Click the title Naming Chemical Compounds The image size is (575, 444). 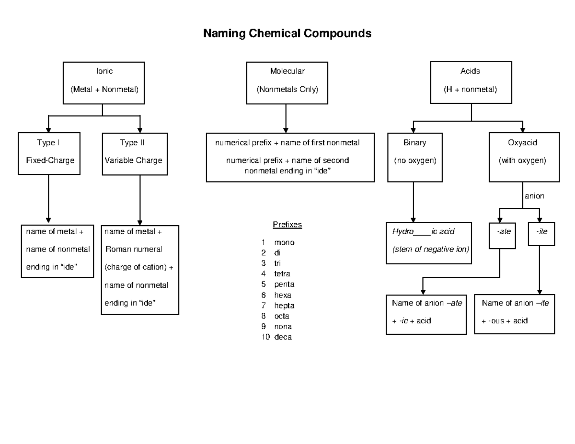click(287, 34)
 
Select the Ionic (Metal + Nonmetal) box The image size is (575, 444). click(103, 82)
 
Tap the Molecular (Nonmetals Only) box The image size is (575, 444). click(287, 82)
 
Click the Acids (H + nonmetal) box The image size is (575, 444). click(471, 82)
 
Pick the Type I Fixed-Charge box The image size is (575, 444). click(49, 153)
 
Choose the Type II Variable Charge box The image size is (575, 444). click(135, 153)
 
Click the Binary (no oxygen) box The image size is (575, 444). click(414, 157)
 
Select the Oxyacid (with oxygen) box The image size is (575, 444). click(524, 157)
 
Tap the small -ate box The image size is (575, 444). click(502, 235)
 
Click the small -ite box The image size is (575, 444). click(541, 234)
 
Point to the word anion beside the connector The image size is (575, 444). click(534, 196)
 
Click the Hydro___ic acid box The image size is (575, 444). click(429, 242)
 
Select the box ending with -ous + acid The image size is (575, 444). click(514, 314)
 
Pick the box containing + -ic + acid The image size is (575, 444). click(426, 314)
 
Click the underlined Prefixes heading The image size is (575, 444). click(287, 225)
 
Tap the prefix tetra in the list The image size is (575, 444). click(282, 274)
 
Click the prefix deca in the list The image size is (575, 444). click(283, 337)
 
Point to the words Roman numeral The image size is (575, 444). click(134, 249)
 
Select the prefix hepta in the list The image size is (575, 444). click(284, 306)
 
